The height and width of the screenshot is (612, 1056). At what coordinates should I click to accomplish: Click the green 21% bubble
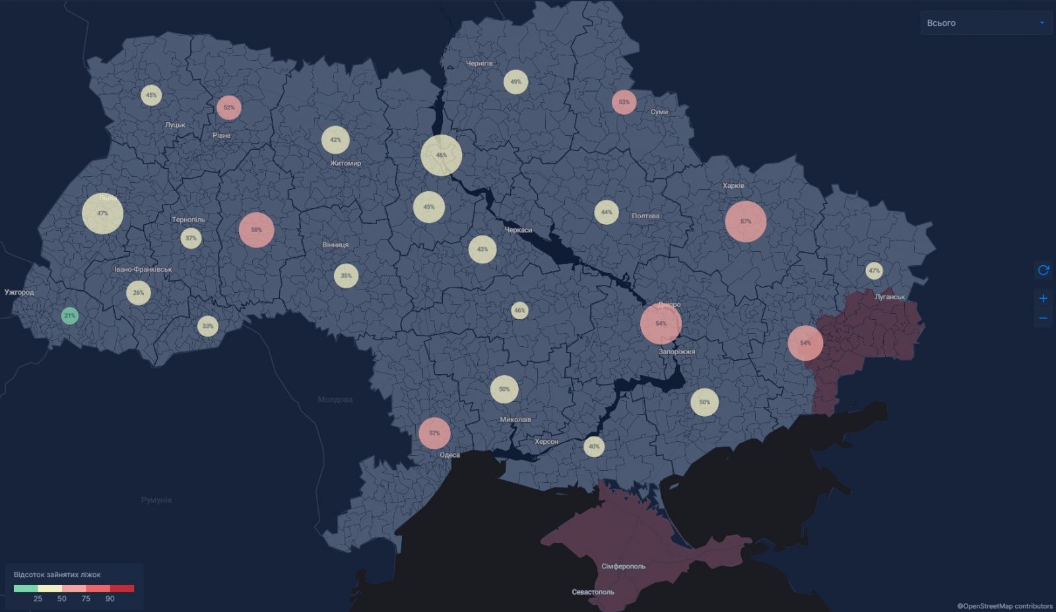point(69,316)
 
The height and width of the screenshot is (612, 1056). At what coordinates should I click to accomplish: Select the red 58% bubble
point(256,229)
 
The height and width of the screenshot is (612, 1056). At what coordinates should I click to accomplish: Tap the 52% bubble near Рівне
point(229,107)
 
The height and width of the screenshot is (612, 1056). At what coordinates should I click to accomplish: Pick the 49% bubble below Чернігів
point(515,82)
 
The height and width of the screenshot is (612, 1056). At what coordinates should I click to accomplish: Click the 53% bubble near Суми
point(624,102)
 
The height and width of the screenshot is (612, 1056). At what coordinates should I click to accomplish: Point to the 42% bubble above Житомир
point(335,140)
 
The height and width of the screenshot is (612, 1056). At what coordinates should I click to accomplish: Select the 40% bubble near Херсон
point(594,446)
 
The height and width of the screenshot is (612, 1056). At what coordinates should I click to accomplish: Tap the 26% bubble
point(138,293)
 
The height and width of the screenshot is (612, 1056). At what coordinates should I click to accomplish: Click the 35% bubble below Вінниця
point(346,276)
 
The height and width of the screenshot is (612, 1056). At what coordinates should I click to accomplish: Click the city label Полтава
point(645,216)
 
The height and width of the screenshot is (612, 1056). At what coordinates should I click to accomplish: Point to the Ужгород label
point(19,292)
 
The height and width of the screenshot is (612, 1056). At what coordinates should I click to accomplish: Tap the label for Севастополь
point(593,592)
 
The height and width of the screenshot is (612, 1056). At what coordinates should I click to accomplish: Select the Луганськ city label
point(890,297)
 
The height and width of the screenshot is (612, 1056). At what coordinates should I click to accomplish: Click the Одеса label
point(449,455)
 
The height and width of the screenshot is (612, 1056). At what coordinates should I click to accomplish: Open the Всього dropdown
point(985,23)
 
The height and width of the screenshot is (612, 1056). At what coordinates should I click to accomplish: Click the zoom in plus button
point(1043,298)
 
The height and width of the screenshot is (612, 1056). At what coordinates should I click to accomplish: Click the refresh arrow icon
point(1043,270)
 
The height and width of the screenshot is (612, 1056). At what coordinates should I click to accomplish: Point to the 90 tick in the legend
point(110,599)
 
